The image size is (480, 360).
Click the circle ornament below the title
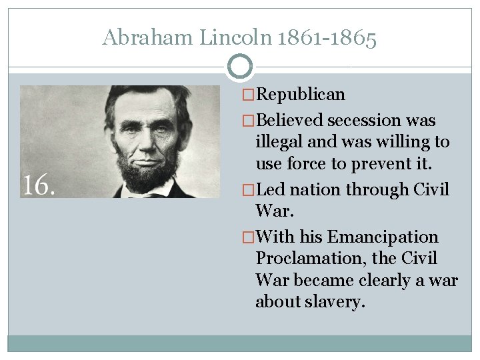240,67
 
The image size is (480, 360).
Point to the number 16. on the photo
39,185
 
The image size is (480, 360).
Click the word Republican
300,95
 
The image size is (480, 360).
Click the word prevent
389,163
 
